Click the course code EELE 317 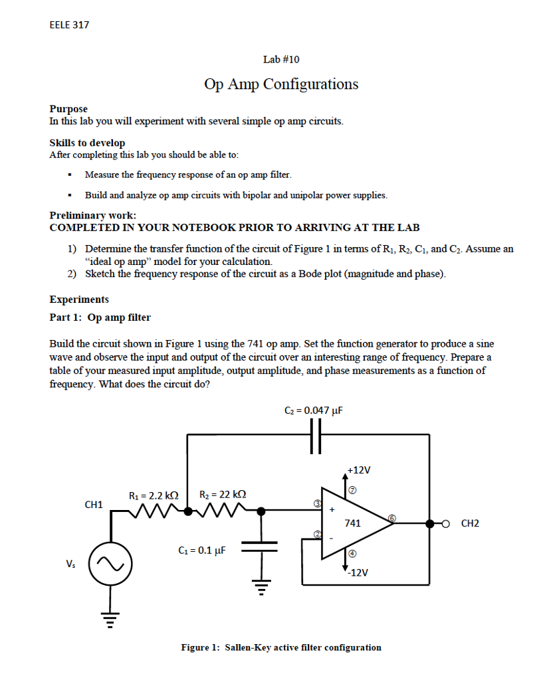tap(69, 25)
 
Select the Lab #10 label tap(281, 59)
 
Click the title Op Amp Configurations tap(281, 84)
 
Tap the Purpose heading tap(68, 108)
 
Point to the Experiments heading tap(79, 299)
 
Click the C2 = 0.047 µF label tap(312, 410)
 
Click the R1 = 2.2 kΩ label tap(154, 495)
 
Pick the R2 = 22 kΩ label tap(223, 495)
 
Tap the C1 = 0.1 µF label tap(202, 550)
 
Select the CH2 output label tap(469, 523)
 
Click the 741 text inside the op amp tap(353, 523)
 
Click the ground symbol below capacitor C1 tap(262, 587)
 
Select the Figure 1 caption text tap(281, 647)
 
